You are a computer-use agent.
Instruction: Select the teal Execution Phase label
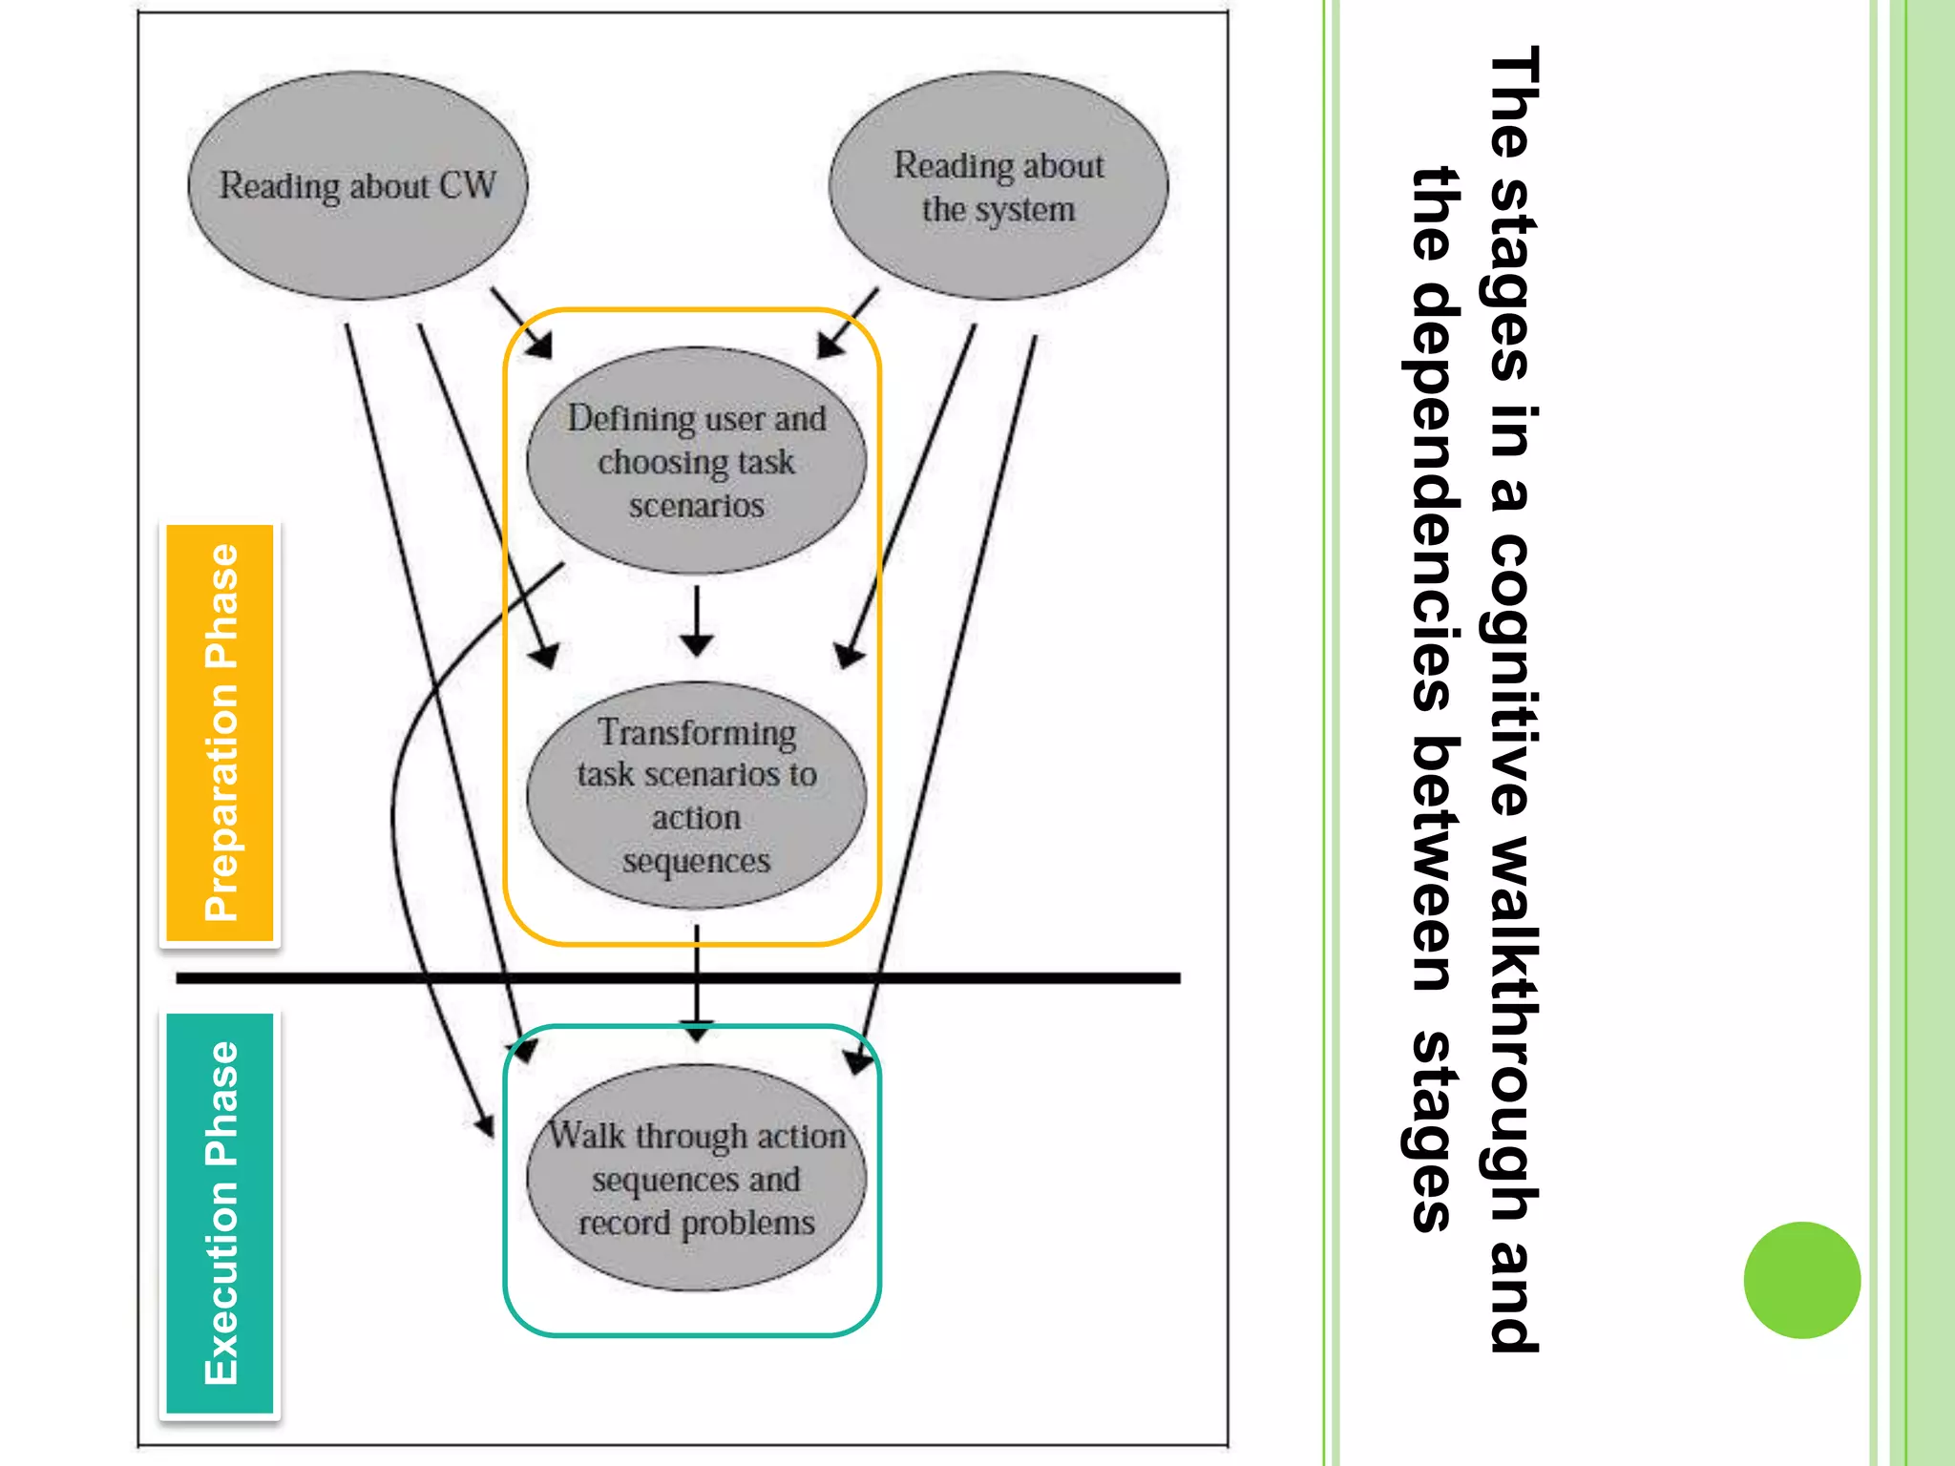coord(221,1213)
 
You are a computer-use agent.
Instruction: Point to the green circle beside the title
coord(1801,1279)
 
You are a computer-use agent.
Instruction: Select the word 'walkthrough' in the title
coord(1513,1031)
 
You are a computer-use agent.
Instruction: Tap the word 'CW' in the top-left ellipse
coord(468,185)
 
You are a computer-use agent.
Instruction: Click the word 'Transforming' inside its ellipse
coord(697,733)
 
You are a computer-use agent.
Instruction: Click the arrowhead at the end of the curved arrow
coord(487,1126)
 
